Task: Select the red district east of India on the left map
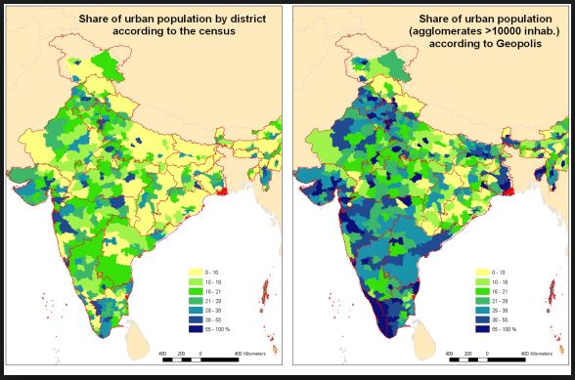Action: coord(223,189)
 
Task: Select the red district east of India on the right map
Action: coord(510,189)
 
